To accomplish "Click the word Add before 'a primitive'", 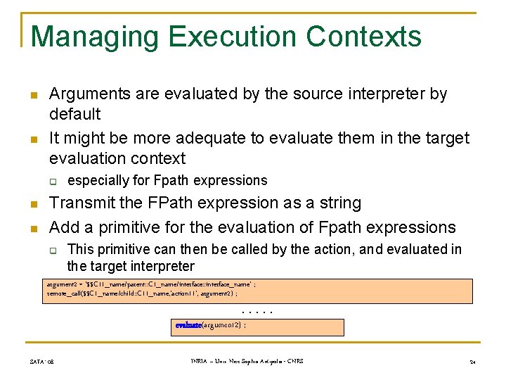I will pyautogui.click(x=64, y=227).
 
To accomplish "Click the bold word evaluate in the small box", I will pyautogui.click(x=188, y=325).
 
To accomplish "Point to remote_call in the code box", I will pyautogui.click(x=63, y=293).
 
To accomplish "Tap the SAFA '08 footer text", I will pyautogui.click(x=43, y=362).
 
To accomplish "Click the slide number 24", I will pyautogui.click(x=472, y=362).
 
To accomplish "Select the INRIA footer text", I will pyautogui.click(x=247, y=362).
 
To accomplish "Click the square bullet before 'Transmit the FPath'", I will pyautogui.click(x=33, y=205).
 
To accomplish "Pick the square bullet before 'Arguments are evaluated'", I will pyautogui.click(x=33, y=95).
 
